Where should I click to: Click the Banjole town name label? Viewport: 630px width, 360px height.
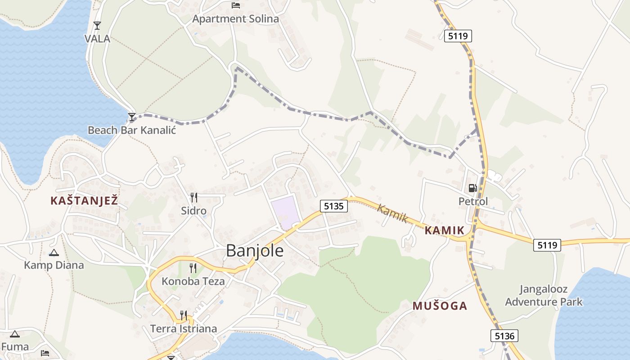click(x=255, y=251)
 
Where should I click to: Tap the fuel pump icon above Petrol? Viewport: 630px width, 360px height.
click(x=472, y=188)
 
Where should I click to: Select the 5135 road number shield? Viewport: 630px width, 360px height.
click(x=334, y=206)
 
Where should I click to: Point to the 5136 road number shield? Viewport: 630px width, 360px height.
click(x=504, y=336)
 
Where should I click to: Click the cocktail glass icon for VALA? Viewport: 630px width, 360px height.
click(x=97, y=25)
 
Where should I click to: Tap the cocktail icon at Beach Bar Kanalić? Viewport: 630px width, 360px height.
click(x=131, y=117)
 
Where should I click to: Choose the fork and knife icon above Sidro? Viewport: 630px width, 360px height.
click(x=193, y=197)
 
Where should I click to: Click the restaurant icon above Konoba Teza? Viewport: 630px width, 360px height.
click(x=193, y=268)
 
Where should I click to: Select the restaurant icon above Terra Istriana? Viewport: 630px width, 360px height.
click(x=184, y=315)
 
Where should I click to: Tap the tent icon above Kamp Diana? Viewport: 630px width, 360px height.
click(x=54, y=252)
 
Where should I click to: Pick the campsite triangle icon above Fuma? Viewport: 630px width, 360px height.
click(x=15, y=334)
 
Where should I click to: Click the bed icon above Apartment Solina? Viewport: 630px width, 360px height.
click(x=236, y=5)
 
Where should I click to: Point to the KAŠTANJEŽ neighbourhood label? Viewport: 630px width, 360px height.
click(x=84, y=201)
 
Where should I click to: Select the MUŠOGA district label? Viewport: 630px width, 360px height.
click(x=440, y=306)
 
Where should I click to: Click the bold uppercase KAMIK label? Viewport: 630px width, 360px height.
click(x=444, y=231)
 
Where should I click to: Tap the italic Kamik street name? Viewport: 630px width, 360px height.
click(x=392, y=214)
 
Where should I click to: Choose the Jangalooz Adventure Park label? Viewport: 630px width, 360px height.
click(x=544, y=295)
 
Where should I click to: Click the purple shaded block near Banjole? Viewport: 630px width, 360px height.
click(x=285, y=212)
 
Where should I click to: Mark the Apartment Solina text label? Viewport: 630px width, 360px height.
click(x=235, y=19)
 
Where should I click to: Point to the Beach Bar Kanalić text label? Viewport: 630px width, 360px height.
click(x=131, y=130)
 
